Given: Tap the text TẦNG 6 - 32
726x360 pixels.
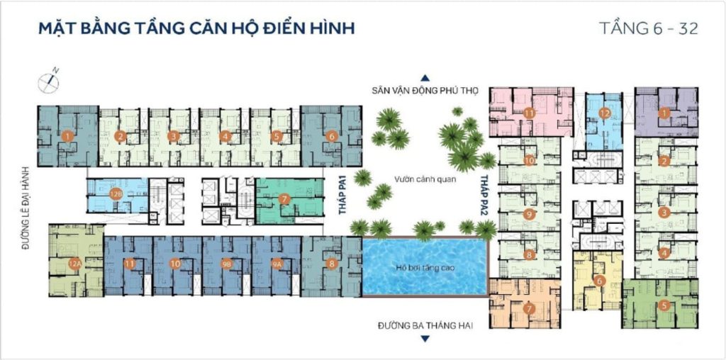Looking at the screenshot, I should pyautogui.click(x=649, y=29).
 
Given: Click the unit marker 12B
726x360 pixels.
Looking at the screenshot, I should pyautogui.click(x=116, y=193).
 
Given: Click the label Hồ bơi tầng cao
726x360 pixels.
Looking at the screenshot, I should pyautogui.click(x=424, y=267).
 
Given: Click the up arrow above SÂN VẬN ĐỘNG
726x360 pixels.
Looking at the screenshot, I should pyautogui.click(x=425, y=78).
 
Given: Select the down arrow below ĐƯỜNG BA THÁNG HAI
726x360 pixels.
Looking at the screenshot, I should pyautogui.click(x=425, y=339).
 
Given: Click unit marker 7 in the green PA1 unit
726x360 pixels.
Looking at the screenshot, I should pyautogui.click(x=284, y=199).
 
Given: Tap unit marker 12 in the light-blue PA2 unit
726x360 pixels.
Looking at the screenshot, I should pyautogui.click(x=604, y=113).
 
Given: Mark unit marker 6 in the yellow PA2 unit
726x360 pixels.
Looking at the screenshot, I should pyautogui.click(x=599, y=280).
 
